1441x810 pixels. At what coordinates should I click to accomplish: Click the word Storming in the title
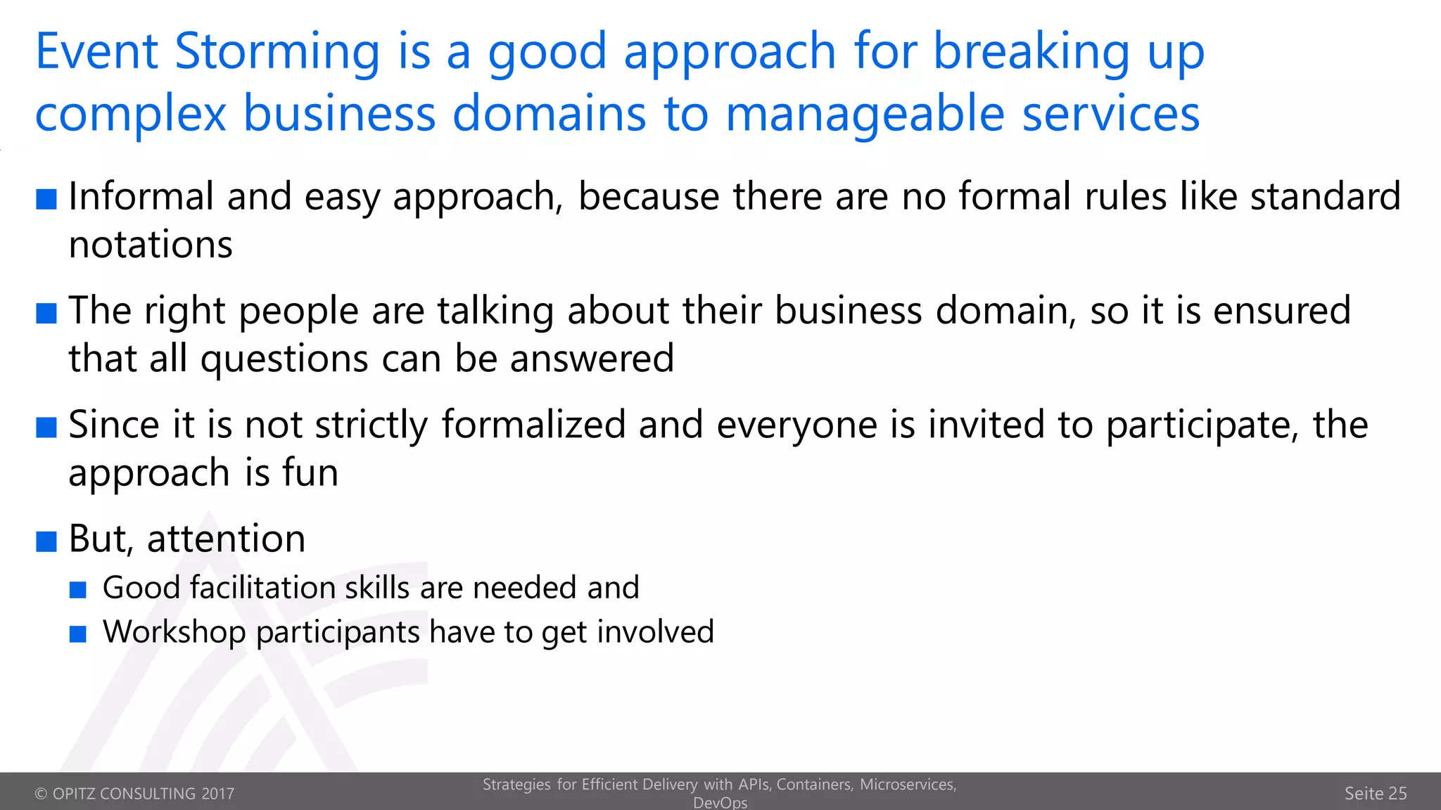point(277,52)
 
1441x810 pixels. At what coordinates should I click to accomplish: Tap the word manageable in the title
point(865,114)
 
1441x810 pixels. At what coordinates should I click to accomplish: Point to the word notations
point(151,245)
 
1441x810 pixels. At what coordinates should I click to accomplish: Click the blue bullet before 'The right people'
point(46,313)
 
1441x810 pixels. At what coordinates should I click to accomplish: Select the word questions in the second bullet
point(284,359)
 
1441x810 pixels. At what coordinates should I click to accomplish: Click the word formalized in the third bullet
point(533,425)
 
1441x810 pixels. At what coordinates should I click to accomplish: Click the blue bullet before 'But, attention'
point(46,541)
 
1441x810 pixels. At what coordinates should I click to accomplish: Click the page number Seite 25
point(1375,793)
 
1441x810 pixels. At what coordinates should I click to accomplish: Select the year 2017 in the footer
point(217,794)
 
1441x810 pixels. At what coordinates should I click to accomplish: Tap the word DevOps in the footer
point(720,802)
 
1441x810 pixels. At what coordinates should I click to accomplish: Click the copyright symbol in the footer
point(41,794)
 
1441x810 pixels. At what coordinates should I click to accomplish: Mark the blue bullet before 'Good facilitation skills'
point(78,589)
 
